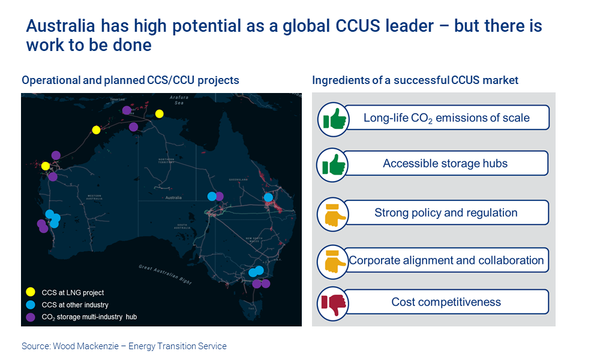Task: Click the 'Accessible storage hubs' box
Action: pos(445,163)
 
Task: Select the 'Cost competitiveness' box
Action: pos(445,302)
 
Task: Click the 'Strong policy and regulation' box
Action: pos(445,213)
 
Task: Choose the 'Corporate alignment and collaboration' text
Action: pos(446,260)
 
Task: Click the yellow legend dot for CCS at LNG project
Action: pos(30,293)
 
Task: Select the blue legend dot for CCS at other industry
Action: pos(30,305)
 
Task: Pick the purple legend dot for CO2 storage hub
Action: pos(30,317)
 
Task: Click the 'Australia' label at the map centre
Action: pos(173,197)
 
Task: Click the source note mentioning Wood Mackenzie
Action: pos(124,346)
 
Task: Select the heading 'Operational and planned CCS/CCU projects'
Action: pos(130,80)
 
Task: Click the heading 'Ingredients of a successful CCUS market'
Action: pos(415,80)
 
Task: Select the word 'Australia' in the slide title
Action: pos(60,26)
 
